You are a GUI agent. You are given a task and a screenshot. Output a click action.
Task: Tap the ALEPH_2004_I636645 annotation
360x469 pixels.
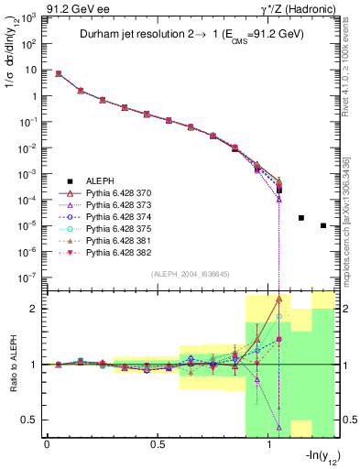191,272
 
